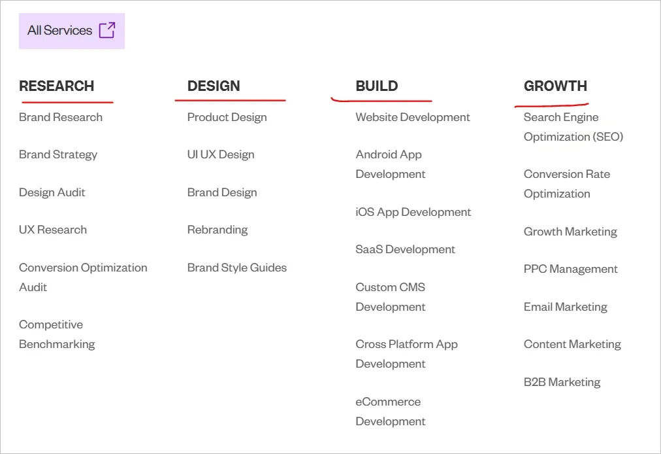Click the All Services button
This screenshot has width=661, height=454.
coord(71,31)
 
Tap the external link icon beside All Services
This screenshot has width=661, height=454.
coord(107,30)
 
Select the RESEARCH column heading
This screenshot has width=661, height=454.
coord(57,86)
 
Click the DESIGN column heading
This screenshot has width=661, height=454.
coord(214,86)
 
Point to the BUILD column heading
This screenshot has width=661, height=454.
coord(377,86)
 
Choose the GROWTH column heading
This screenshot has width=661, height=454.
coord(555,86)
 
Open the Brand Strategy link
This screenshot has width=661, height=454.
coord(58,155)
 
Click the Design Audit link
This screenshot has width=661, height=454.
coord(52,192)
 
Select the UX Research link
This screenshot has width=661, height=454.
coord(53,230)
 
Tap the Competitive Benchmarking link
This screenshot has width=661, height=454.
coord(57,334)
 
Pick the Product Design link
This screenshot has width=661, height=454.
coord(227,118)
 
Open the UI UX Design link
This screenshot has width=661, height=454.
coord(221,155)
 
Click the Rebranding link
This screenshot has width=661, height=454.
coord(218,230)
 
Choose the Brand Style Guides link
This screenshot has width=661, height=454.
coord(237,268)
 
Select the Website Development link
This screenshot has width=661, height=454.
coord(413,118)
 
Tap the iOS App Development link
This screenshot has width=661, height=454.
coord(413,213)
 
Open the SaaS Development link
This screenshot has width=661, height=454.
coord(406,250)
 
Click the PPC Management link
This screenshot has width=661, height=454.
coord(571,270)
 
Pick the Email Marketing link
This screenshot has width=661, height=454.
coord(566,307)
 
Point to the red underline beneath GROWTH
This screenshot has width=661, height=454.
coord(552,104)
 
